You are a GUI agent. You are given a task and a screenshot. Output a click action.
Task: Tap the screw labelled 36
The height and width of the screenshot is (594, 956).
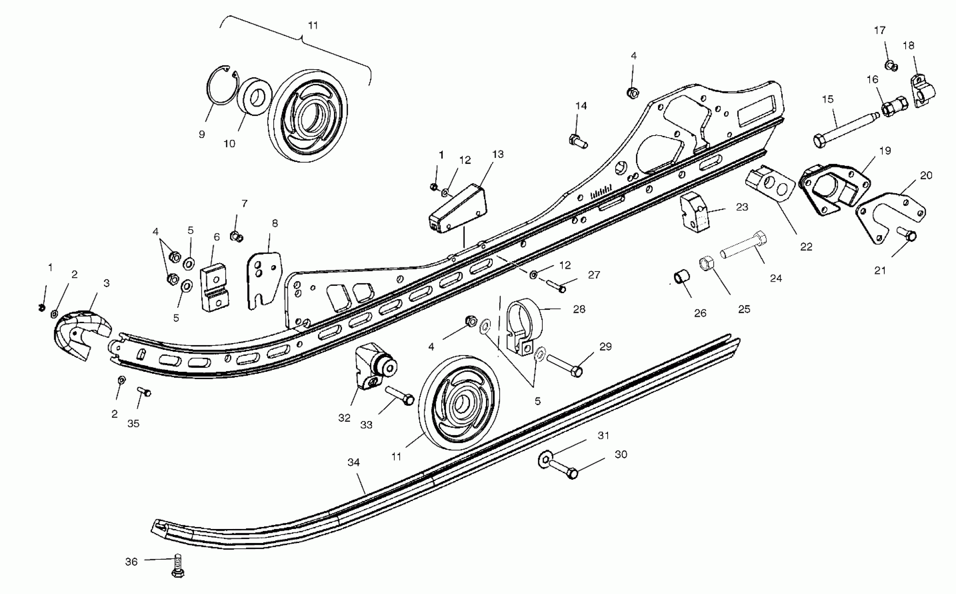[x=178, y=566]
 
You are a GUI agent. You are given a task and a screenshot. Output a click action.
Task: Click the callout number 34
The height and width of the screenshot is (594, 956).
[x=354, y=462]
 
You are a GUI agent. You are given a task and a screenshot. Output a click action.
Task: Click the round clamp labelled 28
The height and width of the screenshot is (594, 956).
[x=524, y=326]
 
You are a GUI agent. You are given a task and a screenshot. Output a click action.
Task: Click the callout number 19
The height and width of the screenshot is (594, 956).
[x=885, y=151]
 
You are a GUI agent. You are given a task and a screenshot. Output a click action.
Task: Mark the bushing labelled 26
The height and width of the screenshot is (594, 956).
[x=681, y=277]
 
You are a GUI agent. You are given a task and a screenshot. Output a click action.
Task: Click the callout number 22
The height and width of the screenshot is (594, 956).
[x=806, y=247]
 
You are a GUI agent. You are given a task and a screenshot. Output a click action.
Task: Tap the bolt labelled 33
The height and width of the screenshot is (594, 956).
[x=399, y=395]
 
